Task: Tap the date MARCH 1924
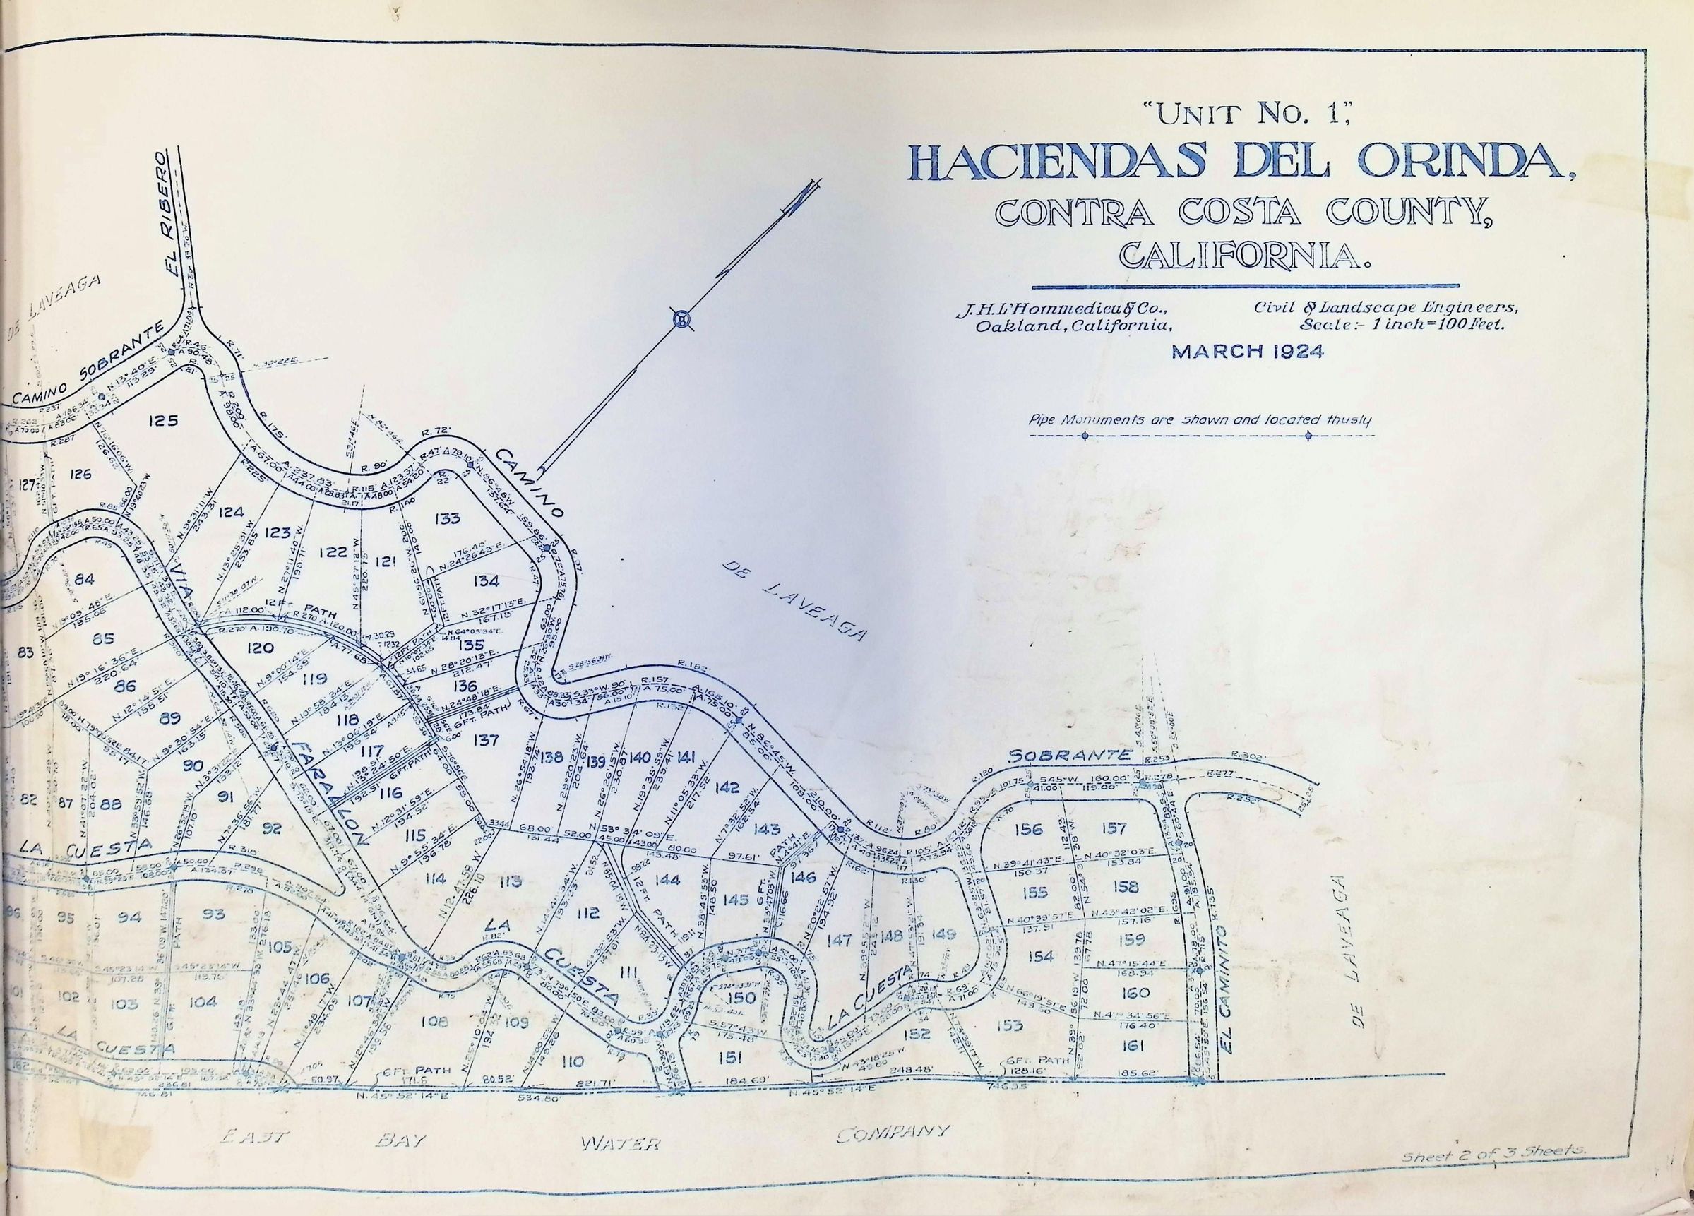1246,352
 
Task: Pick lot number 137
486,739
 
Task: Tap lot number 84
85,578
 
